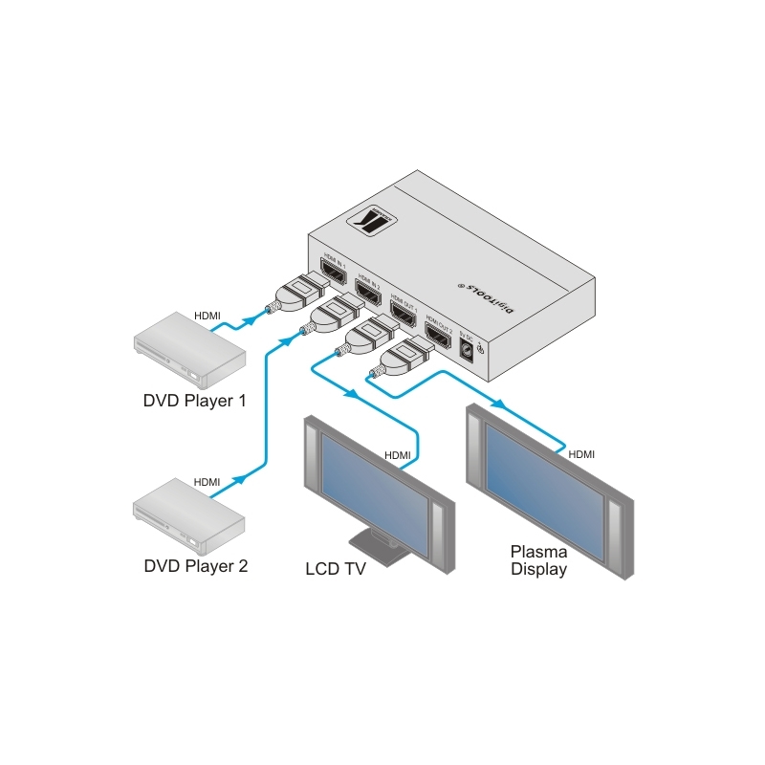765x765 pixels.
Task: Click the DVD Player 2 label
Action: pos(195,565)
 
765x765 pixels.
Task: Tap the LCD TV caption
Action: pos(336,570)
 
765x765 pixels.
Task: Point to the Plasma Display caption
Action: pos(538,560)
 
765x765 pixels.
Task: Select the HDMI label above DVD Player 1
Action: pos(208,316)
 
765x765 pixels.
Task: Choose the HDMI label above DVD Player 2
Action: pos(208,482)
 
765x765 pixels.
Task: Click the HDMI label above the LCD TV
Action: pos(397,455)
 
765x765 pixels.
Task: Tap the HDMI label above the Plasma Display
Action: pos(581,453)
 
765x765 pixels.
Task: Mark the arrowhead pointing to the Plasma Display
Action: pos(496,404)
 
